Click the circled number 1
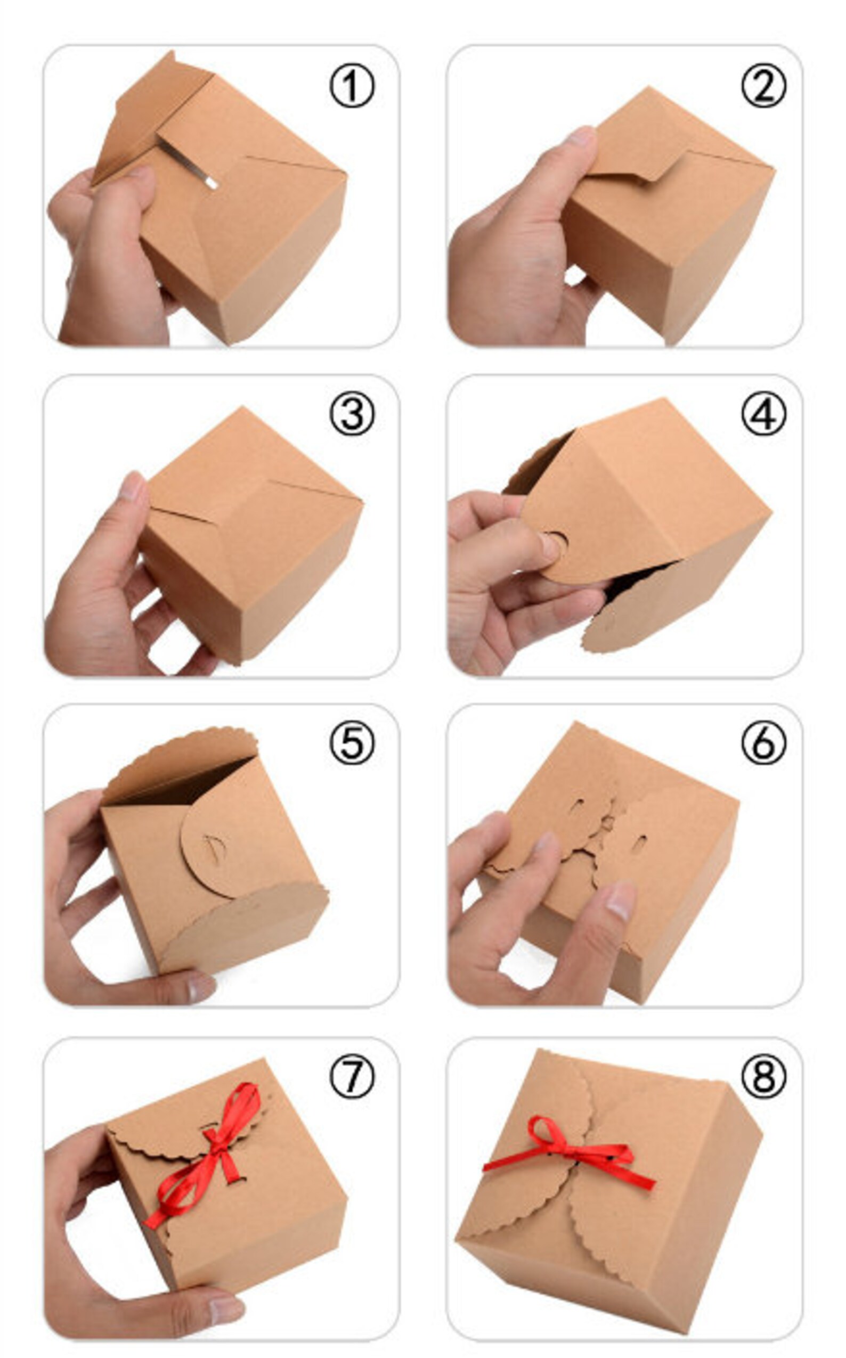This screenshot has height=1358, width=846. click(352, 86)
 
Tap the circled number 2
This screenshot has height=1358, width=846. click(764, 86)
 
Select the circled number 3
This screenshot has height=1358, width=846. click(352, 414)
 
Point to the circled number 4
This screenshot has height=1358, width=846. click(764, 414)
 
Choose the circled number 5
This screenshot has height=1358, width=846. click(352, 742)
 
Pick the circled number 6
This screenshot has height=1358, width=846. click(764, 742)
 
